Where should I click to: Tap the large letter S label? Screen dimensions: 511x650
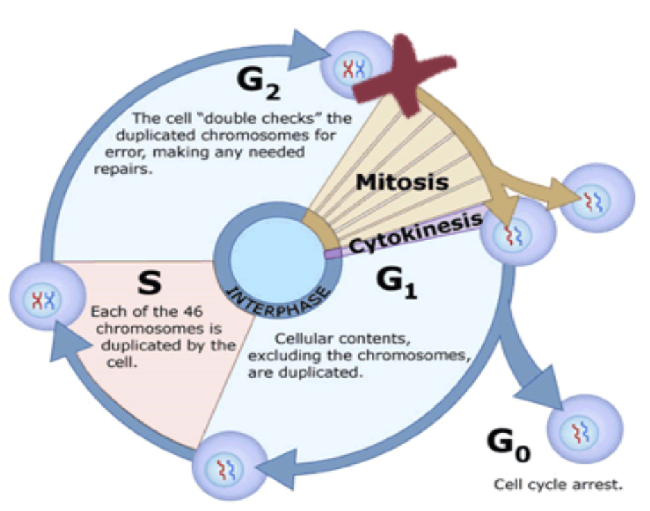[149, 282]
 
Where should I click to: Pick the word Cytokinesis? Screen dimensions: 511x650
[415, 233]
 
